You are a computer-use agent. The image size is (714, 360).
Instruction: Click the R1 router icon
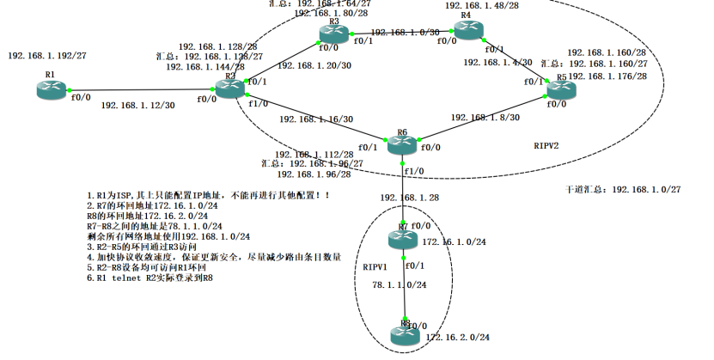pyautogui.click(x=51, y=90)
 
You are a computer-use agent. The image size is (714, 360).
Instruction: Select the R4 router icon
pyautogui.click(x=468, y=30)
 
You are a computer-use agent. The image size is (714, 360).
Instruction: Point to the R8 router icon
pyautogui.click(x=404, y=336)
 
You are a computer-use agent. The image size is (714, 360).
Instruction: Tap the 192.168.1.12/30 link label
pyautogui.click(x=137, y=106)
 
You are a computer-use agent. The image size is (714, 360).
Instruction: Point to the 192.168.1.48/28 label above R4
pyautogui.click(x=482, y=5)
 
